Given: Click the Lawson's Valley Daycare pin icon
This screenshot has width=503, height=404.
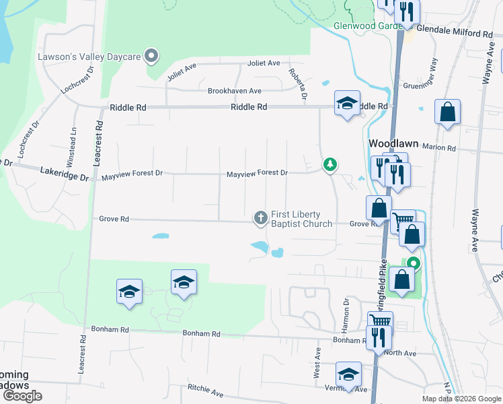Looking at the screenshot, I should point(152,57).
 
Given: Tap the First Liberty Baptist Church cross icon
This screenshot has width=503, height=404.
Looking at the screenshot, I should point(260,217).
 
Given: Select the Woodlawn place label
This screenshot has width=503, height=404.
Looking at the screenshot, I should point(393,143).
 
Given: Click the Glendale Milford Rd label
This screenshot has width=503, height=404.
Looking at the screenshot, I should point(455,32).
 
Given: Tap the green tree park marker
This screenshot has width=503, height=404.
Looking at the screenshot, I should point(330,164).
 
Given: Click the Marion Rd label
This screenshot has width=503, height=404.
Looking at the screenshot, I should point(440,148).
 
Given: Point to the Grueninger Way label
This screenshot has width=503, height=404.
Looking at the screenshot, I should point(429,74).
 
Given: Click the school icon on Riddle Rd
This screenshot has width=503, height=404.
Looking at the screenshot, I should point(347,103).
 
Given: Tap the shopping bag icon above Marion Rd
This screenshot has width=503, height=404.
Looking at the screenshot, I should point(447,112).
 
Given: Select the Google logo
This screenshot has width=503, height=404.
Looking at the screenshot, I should point(22,396).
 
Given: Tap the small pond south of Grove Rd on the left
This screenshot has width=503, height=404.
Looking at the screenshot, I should point(161,236).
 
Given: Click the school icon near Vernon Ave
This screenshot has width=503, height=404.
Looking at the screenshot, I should point(348,374).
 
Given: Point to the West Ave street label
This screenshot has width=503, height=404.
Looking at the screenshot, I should point(317,362).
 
